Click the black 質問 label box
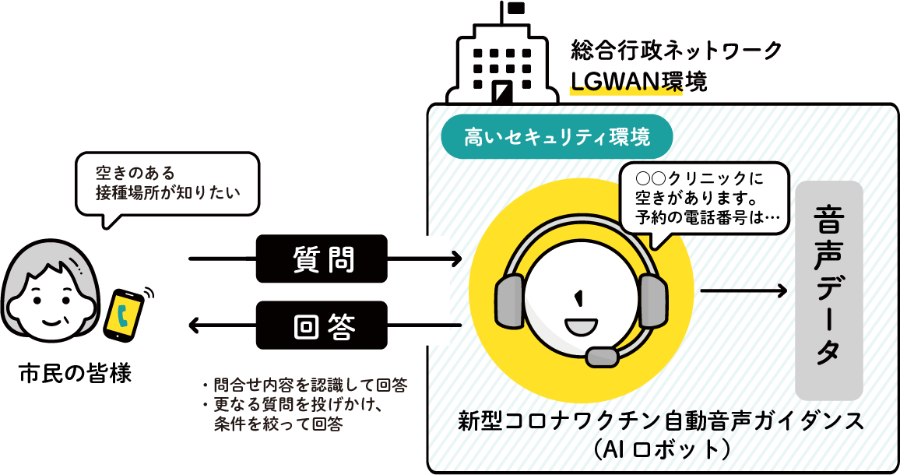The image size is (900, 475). tap(322, 258)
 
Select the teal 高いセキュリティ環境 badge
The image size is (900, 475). tap(557, 138)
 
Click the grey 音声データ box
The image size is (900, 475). tap(828, 290)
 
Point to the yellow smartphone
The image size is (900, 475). tap(124, 313)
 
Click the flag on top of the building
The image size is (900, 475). tap(515, 9)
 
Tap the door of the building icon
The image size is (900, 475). tap(503, 93)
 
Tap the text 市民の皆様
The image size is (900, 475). tap(75, 375)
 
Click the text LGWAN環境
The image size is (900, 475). tap(638, 82)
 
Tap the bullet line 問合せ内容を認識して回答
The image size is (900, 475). tap(303, 385)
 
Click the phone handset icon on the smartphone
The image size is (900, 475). tap(124, 314)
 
